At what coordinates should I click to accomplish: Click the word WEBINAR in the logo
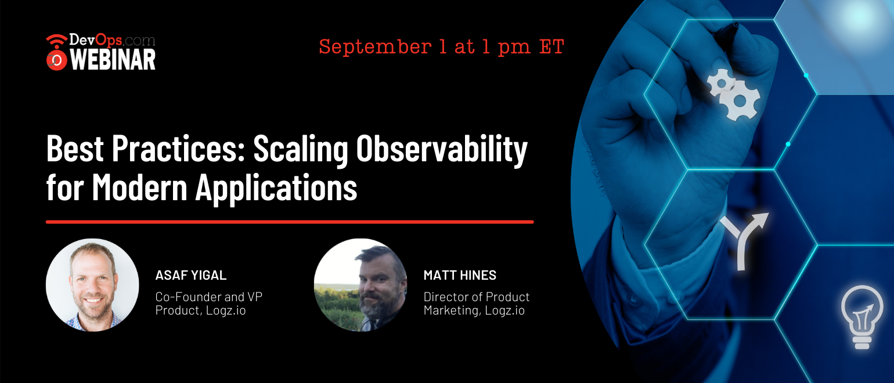click(113, 60)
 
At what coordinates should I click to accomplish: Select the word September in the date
click(375, 48)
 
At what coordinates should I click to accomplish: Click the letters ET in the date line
click(552, 46)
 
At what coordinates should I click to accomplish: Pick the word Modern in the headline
click(140, 187)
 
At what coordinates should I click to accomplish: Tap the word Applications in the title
click(276, 189)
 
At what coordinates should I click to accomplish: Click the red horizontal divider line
click(290, 222)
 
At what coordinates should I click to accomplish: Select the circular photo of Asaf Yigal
click(93, 285)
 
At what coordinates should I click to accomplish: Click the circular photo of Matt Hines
click(361, 285)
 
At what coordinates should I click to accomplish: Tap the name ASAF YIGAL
click(191, 275)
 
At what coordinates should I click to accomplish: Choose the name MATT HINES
click(460, 275)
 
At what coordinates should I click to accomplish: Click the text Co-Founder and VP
click(209, 297)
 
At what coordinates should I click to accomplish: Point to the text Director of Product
click(477, 297)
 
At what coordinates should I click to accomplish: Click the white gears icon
click(734, 94)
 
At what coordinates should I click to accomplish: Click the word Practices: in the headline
click(178, 148)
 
